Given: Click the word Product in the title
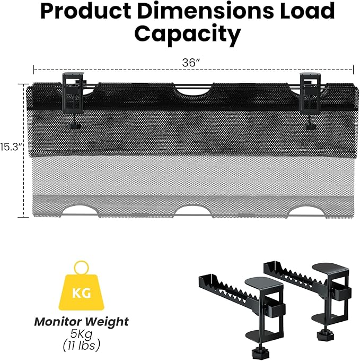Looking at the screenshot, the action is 86,11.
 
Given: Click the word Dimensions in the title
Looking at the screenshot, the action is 205,11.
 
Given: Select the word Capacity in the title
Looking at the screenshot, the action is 187,35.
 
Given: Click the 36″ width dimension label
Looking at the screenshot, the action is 191,63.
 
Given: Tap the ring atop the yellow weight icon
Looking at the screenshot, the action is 81,268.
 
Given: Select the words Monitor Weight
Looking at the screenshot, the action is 81,322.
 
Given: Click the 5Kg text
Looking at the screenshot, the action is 81,334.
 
